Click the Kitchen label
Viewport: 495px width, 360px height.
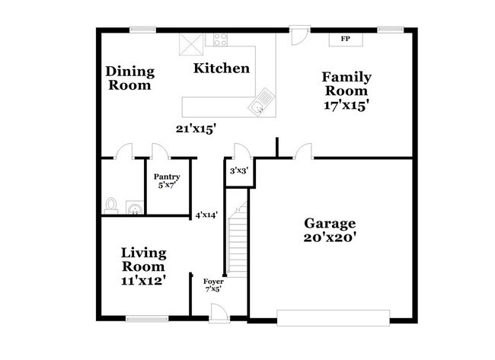click(221, 68)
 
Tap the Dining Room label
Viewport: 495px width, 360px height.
click(129, 78)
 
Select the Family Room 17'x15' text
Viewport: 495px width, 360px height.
click(346, 91)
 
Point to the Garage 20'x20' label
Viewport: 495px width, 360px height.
click(330, 230)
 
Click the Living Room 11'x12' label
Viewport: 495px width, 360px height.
click(143, 266)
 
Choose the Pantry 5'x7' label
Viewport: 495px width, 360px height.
click(166, 180)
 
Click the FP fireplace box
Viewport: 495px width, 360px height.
click(345, 39)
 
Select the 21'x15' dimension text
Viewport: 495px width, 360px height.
click(196, 129)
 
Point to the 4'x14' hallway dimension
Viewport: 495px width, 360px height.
click(206, 215)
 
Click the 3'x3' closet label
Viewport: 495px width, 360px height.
click(238, 172)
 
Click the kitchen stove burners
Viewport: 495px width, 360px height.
click(222, 40)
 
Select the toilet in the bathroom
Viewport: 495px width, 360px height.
click(111, 205)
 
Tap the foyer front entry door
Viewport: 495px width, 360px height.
click(218, 311)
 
